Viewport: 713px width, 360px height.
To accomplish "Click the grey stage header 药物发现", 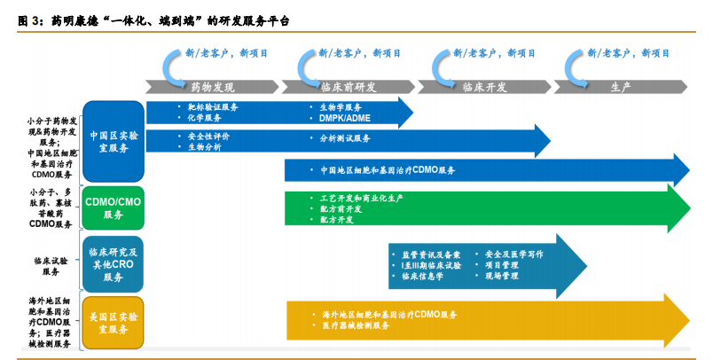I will pyautogui.click(x=213, y=87).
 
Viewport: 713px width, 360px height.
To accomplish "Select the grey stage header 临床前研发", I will pyautogui.click(x=348, y=87).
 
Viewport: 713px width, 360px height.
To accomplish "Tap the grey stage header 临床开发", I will pyautogui.click(x=484, y=87).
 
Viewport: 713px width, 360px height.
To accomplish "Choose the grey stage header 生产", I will pyautogui.click(x=621, y=87).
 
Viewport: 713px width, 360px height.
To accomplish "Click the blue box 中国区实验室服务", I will pyautogui.click(x=114, y=142).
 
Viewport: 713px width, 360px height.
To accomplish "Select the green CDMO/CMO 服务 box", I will pyautogui.click(x=114, y=207).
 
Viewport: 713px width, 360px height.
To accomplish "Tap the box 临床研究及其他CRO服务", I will pyautogui.click(x=114, y=264).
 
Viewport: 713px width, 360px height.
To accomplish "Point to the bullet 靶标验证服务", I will pyautogui.click(x=212, y=106).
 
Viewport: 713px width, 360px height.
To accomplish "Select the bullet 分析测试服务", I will pyautogui.click(x=345, y=138).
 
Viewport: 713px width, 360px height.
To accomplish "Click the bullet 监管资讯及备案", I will pyautogui.click(x=431, y=254).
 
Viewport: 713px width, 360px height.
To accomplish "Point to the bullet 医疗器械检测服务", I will pyautogui.click(x=356, y=325).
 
